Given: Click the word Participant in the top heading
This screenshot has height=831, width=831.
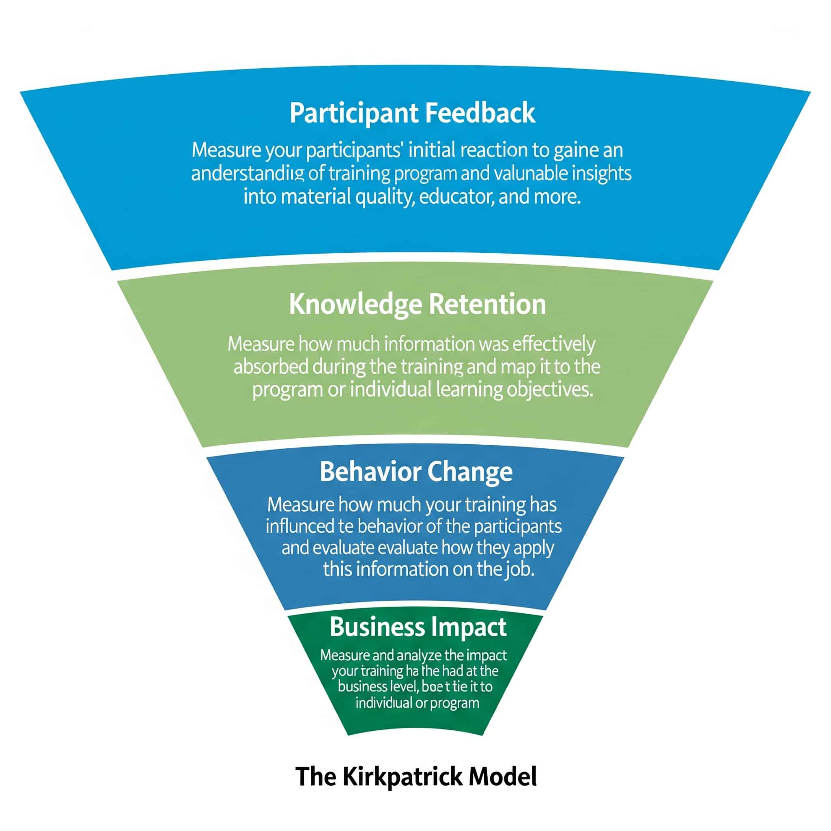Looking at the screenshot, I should (x=353, y=114).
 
